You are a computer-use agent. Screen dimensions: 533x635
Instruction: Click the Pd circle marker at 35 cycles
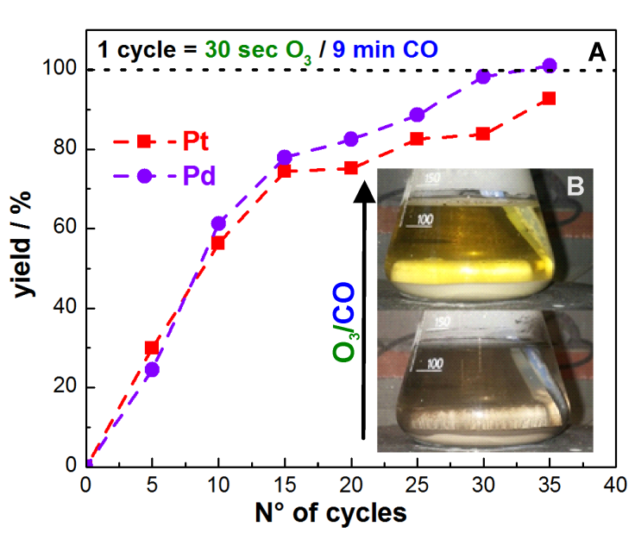[549, 66]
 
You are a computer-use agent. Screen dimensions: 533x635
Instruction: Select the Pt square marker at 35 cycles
[549, 98]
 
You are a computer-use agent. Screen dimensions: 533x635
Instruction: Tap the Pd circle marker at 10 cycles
[218, 223]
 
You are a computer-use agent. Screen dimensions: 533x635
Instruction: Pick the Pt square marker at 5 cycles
[152, 348]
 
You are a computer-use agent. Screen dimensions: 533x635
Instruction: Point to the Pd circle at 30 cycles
[483, 77]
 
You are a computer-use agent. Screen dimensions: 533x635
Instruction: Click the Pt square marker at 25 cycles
[417, 138]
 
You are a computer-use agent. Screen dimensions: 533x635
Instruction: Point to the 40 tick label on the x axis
[614, 486]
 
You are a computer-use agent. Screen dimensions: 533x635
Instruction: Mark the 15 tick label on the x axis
[284, 486]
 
